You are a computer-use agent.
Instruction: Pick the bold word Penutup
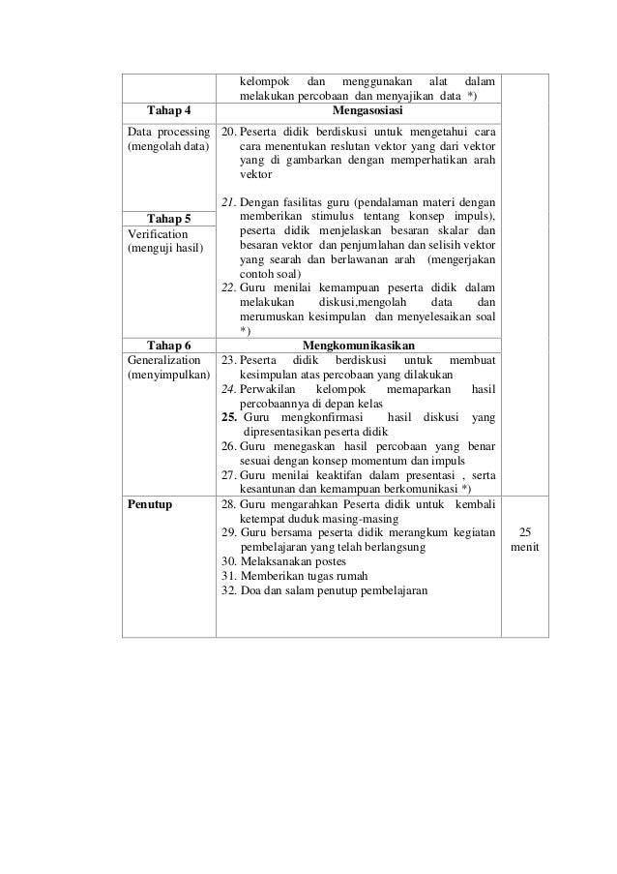pyautogui.click(x=149, y=504)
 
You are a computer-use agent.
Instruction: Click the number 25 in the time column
pyautogui.click(x=524, y=532)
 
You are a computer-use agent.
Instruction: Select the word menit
pyautogui.click(x=524, y=548)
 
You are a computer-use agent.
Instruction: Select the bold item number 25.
pyautogui.click(x=228, y=417)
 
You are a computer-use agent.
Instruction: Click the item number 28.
pyautogui.click(x=229, y=504)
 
